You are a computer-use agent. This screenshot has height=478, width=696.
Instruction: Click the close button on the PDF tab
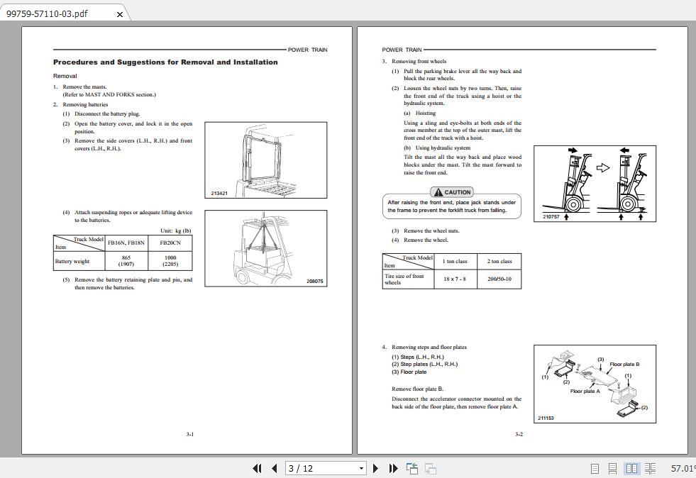pyautogui.click(x=119, y=14)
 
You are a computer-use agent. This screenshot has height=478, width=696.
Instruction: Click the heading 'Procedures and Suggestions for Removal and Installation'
pyautogui.click(x=165, y=62)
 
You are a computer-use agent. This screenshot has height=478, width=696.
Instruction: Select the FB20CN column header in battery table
pyautogui.click(x=170, y=243)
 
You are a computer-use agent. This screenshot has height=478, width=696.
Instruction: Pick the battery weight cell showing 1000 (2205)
pyautogui.click(x=170, y=261)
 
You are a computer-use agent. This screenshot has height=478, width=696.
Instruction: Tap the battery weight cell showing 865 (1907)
pyautogui.click(x=126, y=261)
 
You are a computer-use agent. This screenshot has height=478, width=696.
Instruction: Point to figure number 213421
pyautogui.click(x=219, y=193)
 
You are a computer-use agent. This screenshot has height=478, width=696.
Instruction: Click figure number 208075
pyautogui.click(x=314, y=282)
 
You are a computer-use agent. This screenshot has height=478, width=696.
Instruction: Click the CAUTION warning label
pyautogui.click(x=452, y=192)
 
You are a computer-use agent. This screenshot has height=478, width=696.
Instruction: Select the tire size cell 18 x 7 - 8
pyautogui.click(x=455, y=279)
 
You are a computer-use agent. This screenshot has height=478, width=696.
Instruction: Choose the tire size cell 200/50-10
pyautogui.click(x=499, y=279)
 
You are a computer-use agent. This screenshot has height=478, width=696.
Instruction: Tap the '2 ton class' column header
pyautogui.click(x=499, y=261)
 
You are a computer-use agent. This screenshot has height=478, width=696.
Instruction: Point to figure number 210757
pyautogui.click(x=551, y=216)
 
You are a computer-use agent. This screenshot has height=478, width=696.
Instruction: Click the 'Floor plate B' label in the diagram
pyautogui.click(x=624, y=365)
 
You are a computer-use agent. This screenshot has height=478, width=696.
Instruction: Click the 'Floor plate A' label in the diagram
pyautogui.click(x=585, y=391)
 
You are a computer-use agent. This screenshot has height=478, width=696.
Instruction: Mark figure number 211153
pyautogui.click(x=546, y=418)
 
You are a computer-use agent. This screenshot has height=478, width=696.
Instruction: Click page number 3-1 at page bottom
pyautogui.click(x=189, y=434)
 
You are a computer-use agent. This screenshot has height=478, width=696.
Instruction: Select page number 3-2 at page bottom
pyautogui.click(x=519, y=434)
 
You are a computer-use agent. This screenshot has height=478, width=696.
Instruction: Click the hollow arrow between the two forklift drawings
pyautogui.click(x=602, y=168)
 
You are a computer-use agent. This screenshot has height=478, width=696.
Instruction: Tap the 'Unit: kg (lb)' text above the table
pyautogui.click(x=175, y=230)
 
